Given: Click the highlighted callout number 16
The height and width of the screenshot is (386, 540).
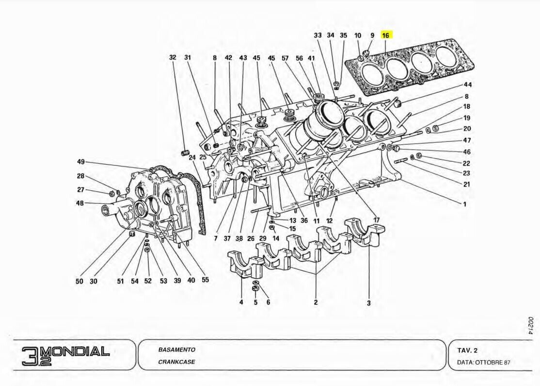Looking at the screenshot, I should (x=385, y=35).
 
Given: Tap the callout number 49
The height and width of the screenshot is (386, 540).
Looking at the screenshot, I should (x=81, y=162).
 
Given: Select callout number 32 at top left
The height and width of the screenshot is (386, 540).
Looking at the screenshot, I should (x=173, y=57).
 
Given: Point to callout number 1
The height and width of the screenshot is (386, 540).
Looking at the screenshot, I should (x=464, y=204).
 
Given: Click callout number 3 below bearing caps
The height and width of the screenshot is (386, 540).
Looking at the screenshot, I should (x=368, y=303).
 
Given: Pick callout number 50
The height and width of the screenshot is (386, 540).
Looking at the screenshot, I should (x=79, y=281).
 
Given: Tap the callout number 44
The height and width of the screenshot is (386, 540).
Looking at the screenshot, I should (x=467, y=84).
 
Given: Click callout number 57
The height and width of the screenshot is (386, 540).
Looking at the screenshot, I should (x=286, y=58).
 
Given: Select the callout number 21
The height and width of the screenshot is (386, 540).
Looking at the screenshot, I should (x=467, y=184).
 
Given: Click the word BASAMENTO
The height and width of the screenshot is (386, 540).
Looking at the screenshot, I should (x=176, y=350).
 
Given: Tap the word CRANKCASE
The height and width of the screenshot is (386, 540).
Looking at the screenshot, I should (x=176, y=362).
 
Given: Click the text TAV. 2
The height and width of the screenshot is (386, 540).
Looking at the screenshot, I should (x=468, y=350).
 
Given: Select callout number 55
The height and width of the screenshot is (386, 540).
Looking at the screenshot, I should (x=205, y=280).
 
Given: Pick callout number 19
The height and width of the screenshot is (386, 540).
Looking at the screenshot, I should (x=467, y=117).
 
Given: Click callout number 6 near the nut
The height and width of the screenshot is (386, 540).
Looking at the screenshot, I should (x=268, y=302).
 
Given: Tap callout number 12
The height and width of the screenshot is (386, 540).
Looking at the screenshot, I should (x=329, y=220).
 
